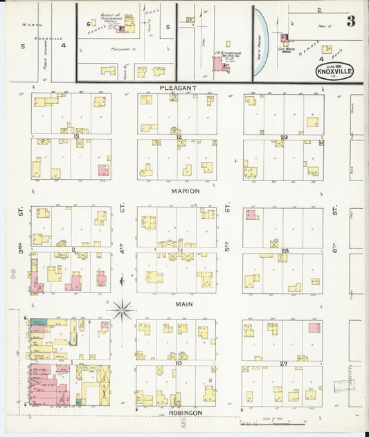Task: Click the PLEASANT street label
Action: tap(179, 89)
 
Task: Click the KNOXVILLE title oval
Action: tap(336, 72)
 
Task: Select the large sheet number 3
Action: tap(351, 21)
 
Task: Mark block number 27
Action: tap(283, 363)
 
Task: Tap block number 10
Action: tap(179, 363)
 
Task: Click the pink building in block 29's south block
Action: tap(251, 215)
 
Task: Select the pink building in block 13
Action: tap(103, 170)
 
